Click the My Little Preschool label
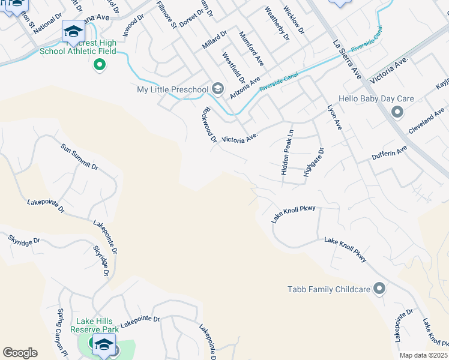pos(172,89)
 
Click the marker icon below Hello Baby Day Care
pos(397,112)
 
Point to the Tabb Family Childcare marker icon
pos(379,289)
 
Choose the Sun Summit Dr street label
pos(79,157)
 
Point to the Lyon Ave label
pos(334,118)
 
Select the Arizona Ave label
pos(245,88)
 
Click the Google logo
pos(20,353)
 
